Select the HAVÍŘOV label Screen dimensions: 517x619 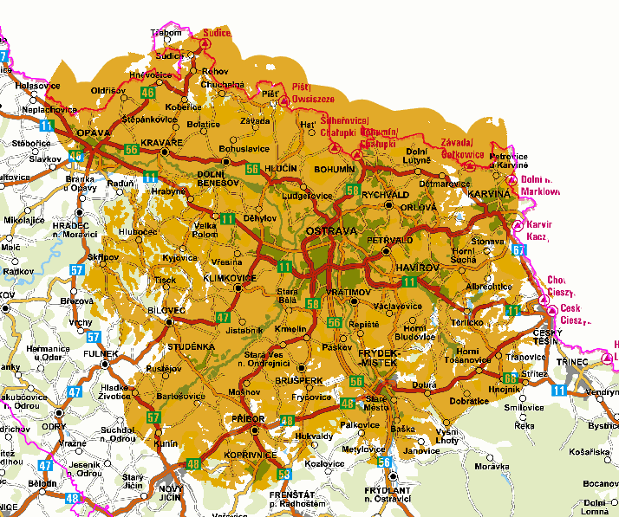pos(417,268)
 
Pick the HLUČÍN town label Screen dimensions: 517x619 pos(281,170)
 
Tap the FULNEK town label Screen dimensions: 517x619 pos(101,353)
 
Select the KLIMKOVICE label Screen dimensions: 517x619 pos(230,278)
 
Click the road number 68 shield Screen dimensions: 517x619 pos(510,378)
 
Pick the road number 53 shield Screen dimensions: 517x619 pos(284,474)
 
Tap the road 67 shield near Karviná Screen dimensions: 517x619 pos(518,250)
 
